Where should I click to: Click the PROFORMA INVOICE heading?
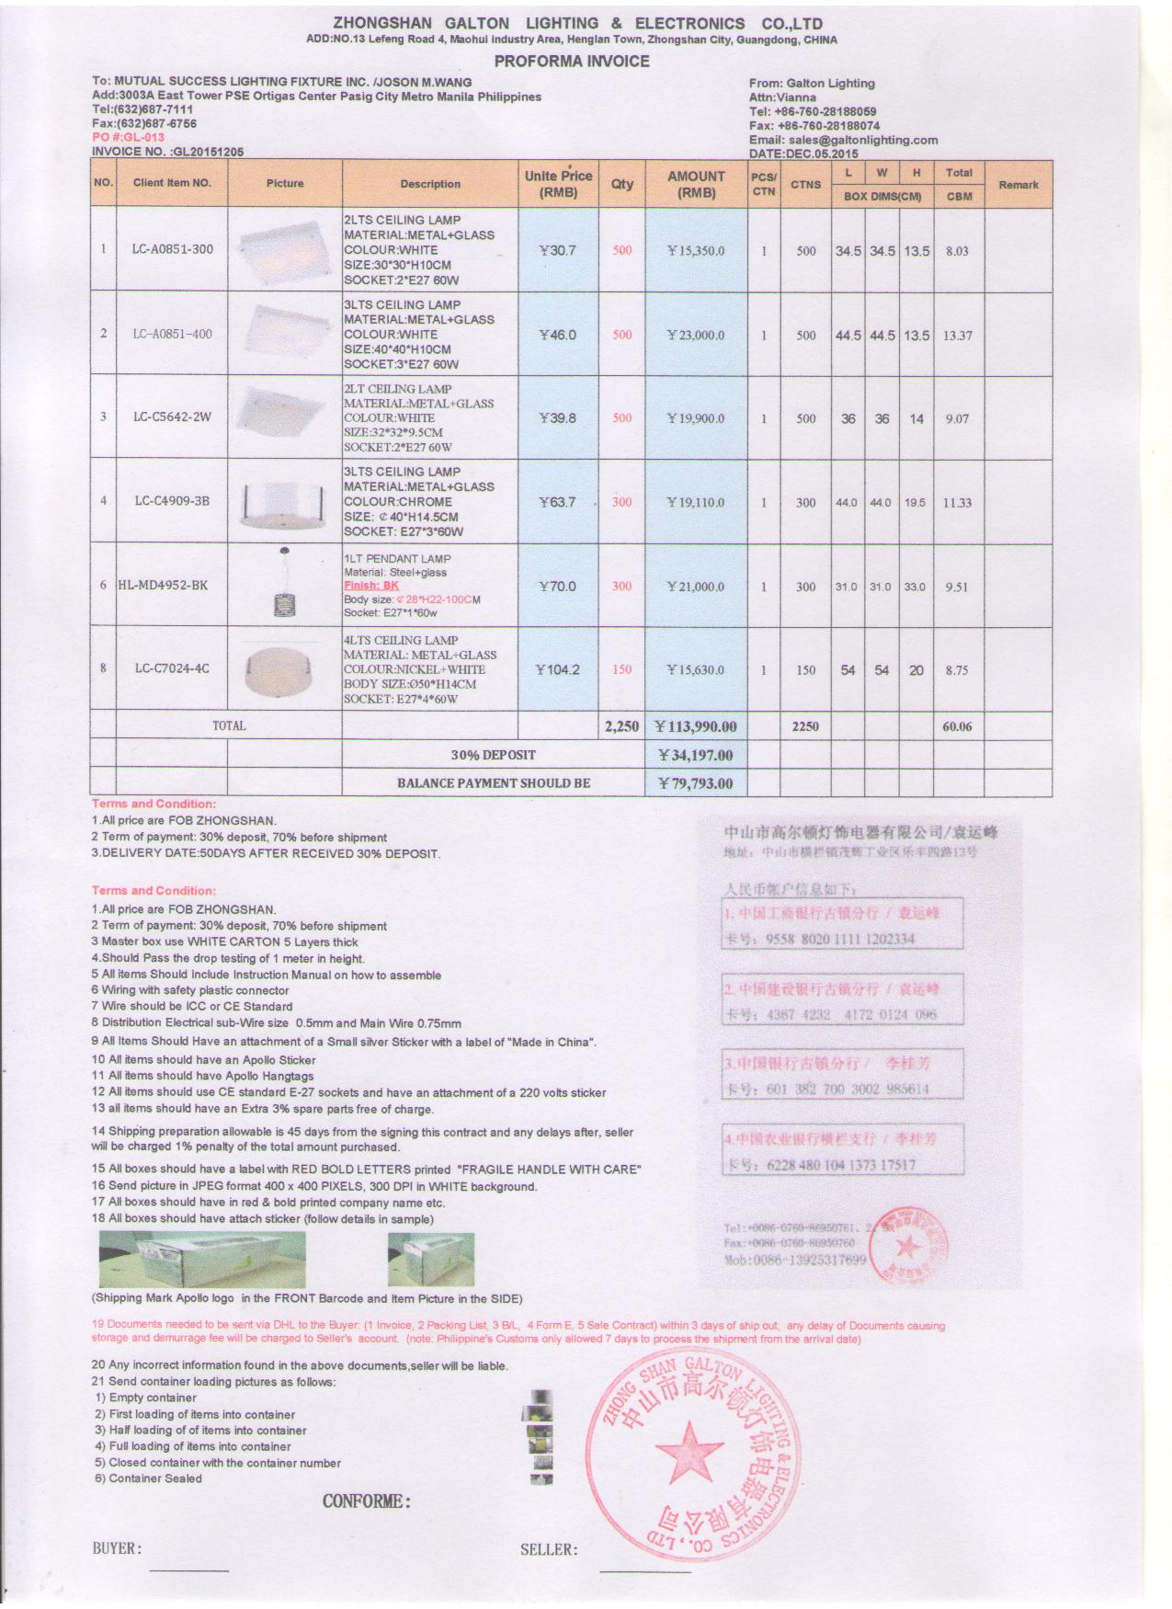(x=571, y=62)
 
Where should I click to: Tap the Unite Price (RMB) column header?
(x=558, y=184)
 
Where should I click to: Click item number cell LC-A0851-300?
(x=172, y=249)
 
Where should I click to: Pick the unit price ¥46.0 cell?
(x=558, y=335)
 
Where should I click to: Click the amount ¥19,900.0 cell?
(x=696, y=418)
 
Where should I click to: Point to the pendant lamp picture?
(x=284, y=586)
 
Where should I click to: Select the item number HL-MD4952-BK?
(x=164, y=586)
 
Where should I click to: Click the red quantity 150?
(x=622, y=669)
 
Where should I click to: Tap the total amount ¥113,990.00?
(x=696, y=726)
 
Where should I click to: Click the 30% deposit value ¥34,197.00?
(x=696, y=755)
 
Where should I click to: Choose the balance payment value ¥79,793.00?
(x=696, y=783)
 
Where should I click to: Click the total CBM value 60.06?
(x=957, y=726)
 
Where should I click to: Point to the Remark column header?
(x=1018, y=185)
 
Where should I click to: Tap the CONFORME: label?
(x=366, y=1501)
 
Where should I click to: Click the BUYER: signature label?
(x=117, y=1548)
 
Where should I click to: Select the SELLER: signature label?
(x=549, y=1549)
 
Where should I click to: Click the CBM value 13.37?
(x=957, y=336)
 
